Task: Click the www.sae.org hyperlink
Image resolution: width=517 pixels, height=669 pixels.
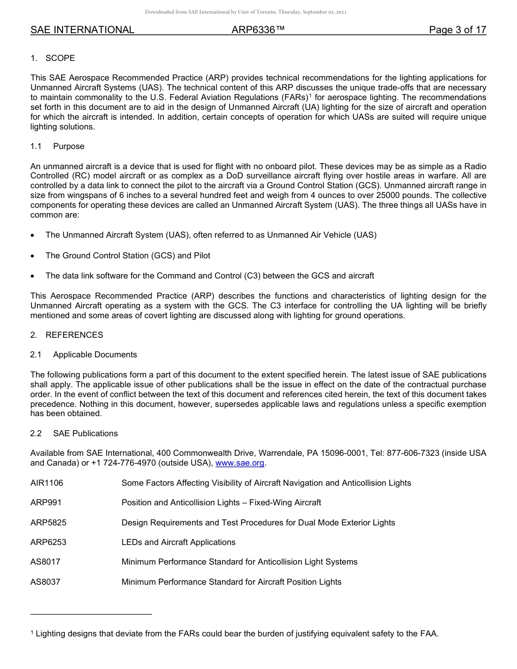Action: pyautogui.click(x=240, y=463)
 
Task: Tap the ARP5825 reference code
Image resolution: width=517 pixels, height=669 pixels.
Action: pyautogui.click(x=48, y=523)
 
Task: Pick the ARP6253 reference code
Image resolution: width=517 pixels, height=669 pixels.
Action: pyautogui.click(x=48, y=542)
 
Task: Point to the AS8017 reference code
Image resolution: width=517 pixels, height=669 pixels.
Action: pyautogui.click(x=45, y=562)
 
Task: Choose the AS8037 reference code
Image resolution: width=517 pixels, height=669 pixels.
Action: pyautogui.click(x=45, y=582)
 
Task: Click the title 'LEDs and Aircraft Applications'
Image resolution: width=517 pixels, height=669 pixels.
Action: pyautogui.click(x=179, y=542)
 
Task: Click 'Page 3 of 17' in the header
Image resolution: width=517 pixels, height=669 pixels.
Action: pyautogui.click(x=457, y=30)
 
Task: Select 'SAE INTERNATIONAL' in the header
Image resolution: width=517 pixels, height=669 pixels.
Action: pyautogui.click(x=82, y=30)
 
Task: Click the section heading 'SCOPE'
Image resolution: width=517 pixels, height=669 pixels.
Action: pyautogui.click(x=60, y=58)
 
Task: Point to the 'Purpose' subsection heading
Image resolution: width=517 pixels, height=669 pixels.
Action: pyautogui.click(x=69, y=146)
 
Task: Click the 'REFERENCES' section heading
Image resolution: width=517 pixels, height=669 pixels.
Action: pyautogui.click(x=74, y=335)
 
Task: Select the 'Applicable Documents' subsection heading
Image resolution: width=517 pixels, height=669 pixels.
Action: pyautogui.click(x=95, y=355)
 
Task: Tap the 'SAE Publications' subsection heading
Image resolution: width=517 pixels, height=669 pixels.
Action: pyautogui.click(x=85, y=433)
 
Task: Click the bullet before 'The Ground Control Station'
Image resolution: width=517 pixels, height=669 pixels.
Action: pyautogui.click(x=33, y=256)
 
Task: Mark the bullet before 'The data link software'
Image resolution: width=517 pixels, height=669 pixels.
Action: pyautogui.click(x=33, y=276)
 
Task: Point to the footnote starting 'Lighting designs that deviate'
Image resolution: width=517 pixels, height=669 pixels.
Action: pyautogui.click(x=237, y=633)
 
